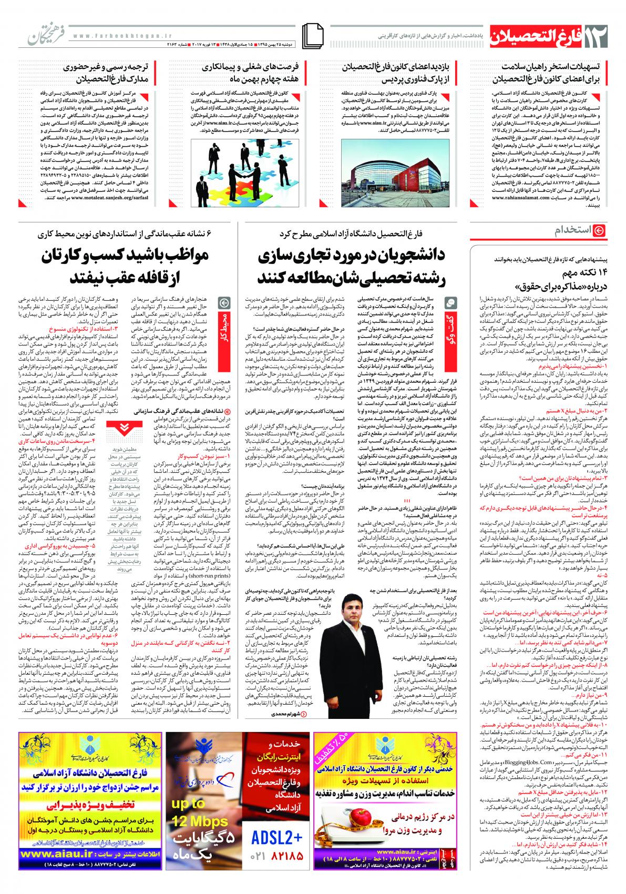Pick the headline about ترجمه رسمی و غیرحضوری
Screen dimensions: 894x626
point(108,74)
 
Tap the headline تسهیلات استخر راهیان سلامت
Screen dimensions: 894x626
point(549,74)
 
